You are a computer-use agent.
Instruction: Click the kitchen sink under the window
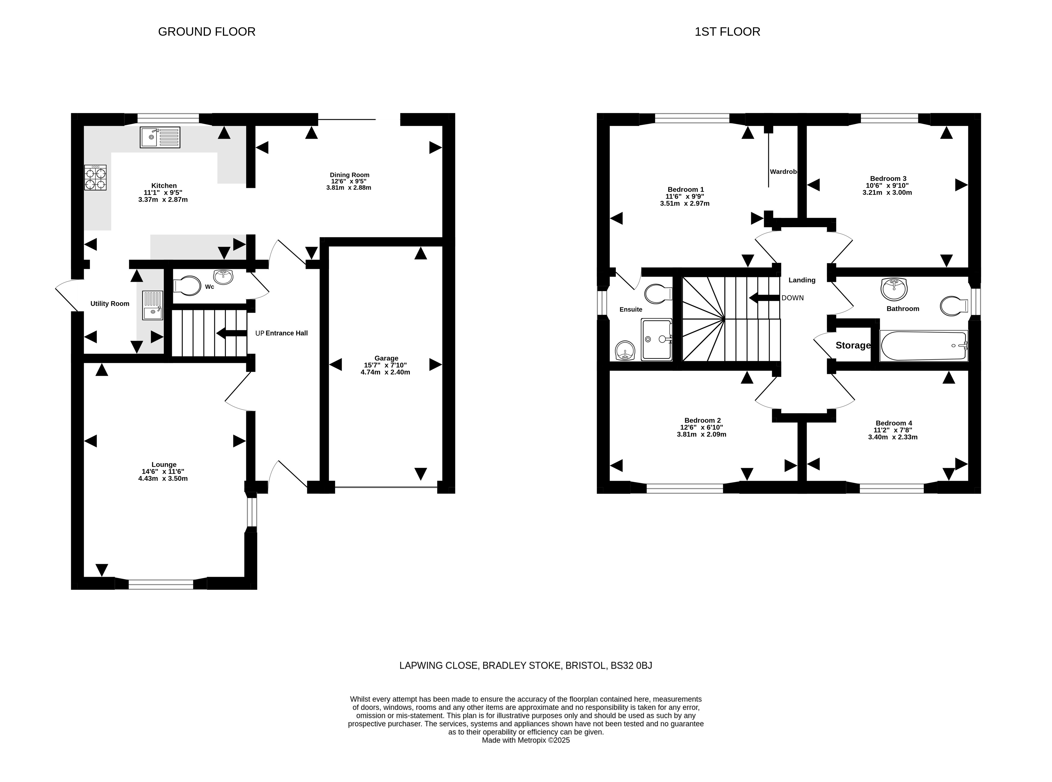pyautogui.click(x=160, y=137)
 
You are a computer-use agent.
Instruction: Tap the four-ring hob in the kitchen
pyautogui.click(x=95, y=178)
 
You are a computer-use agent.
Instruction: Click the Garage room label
pyautogui.click(x=386, y=358)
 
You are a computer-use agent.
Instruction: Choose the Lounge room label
pyautogui.click(x=164, y=465)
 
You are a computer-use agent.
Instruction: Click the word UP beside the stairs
pyautogui.click(x=259, y=333)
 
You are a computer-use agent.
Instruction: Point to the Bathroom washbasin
pyautogui.click(x=894, y=289)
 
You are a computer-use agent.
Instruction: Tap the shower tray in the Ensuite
pyautogui.click(x=656, y=339)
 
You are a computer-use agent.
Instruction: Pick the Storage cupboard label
pyautogui.click(x=853, y=346)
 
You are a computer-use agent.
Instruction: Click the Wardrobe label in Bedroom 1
pyautogui.click(x=784, y=171)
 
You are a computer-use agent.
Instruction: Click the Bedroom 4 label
pyautogui.click(x=894, y=423)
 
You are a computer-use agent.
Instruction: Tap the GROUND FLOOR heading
pyautogui.click(x=207, y=32)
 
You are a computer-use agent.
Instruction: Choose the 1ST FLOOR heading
pyautogui.click(x=727, y=32)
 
